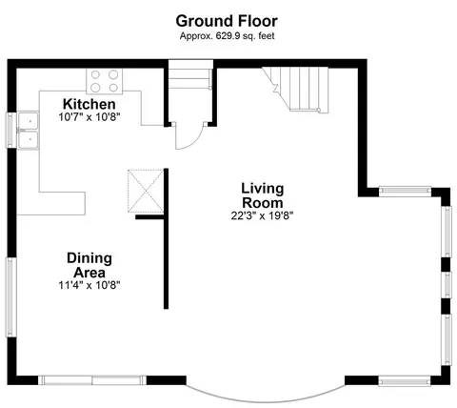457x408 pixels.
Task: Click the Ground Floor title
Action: (x=227, y=21)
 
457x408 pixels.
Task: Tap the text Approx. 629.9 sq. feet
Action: (x=227, y=36)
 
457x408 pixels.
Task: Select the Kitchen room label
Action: (x=89, y=104)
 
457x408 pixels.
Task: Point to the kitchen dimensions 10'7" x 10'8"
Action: (x=89, y=117)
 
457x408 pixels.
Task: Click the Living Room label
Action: (x=262, y=195)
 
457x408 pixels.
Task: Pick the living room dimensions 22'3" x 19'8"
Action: (x=262, y=215)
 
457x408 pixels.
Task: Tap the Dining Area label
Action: (x=89, y=265)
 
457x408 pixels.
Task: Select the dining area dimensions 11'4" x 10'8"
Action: (x=89, y=285)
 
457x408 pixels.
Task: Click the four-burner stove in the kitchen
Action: (x=105, y=81)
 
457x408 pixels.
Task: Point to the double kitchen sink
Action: (x=29, y=131)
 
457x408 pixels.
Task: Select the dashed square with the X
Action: (x=146, y=191)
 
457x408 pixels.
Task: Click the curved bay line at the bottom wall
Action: (x=266, y=398)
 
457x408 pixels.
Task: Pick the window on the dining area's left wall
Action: (x=10, y=297)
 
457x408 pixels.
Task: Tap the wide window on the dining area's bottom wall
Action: (x=92, y=380)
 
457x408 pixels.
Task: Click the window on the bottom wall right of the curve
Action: (x=405, y=380)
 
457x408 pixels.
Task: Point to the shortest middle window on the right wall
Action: (x=447, y=285)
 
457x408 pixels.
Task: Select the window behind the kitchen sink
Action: (x=10, y=130)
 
